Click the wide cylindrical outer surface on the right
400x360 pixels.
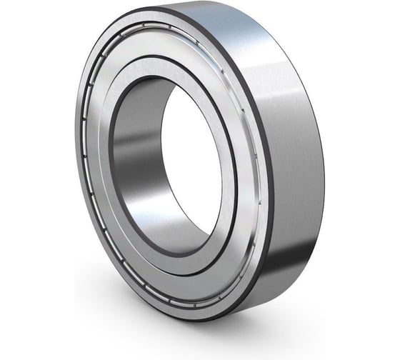point(300,171)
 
